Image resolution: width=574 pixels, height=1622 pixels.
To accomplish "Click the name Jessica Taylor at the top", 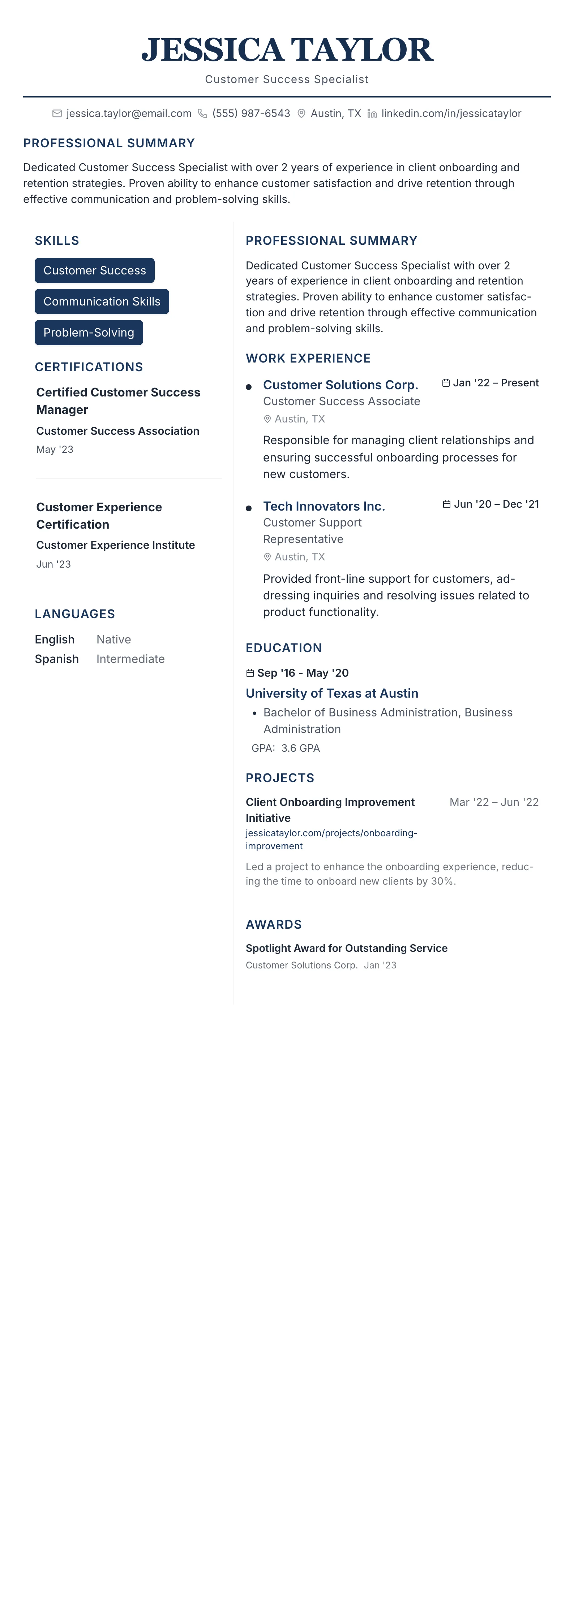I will tap(287, 51).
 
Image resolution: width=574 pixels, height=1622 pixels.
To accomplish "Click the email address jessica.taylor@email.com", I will tap(129, 113).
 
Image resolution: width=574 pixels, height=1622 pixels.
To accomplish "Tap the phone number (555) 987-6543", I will tap(251, 113).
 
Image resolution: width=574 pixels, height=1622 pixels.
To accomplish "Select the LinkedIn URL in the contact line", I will tap(451, 113).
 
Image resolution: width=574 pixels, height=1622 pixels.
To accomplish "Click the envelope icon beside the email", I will tap(57, 113).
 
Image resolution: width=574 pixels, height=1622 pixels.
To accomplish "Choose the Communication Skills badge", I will tap(102, 302).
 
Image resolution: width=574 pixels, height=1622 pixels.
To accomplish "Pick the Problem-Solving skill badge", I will tap(88, 333).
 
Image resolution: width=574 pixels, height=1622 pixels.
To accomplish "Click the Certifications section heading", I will tap(89, 367).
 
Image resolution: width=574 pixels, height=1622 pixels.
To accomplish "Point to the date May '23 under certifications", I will tap(55, 450).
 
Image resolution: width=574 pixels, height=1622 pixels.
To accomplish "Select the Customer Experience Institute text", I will tap(115, 545).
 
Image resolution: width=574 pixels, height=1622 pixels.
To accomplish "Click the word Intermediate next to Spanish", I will tap(130, 659).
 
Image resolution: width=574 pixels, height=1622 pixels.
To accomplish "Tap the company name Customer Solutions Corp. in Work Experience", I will tap(340, 385).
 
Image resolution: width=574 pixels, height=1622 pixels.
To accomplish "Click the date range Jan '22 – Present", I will tap(495, 383).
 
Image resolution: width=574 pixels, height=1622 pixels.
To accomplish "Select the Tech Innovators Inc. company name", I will tap(324, 506).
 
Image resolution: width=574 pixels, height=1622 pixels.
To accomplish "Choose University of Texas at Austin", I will tap(331, 693).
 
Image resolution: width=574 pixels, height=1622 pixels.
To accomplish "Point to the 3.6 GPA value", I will tap(300, 748).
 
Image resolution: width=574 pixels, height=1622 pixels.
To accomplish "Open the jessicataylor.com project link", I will tap(331, 839).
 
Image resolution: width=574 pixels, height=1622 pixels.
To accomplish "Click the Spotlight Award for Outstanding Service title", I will tap(347, 948).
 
